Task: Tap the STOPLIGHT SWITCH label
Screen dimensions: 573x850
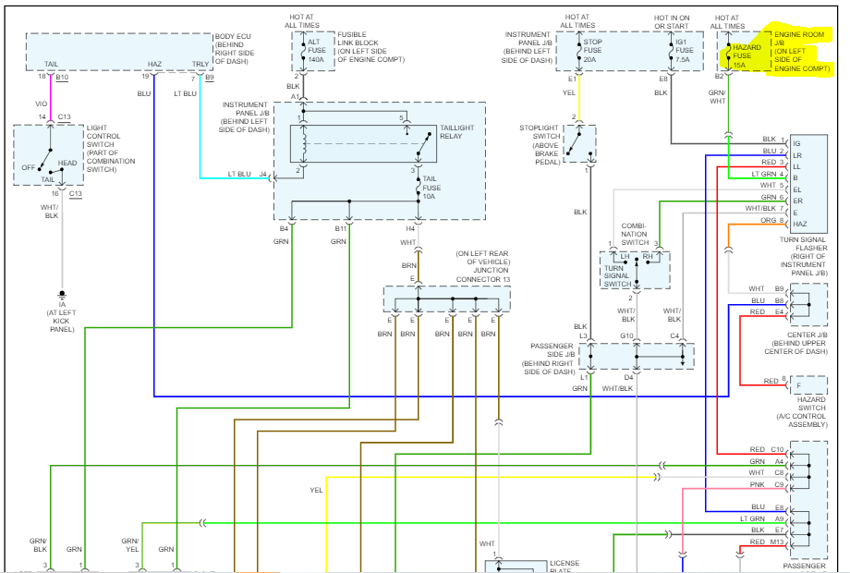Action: click(x=540, y=143)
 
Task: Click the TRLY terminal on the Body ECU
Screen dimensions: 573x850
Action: click(x=200, y=65)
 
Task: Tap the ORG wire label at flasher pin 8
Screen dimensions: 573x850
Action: click(x=769, y=221)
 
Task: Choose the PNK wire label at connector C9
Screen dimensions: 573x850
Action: click(x=758, y=485)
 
